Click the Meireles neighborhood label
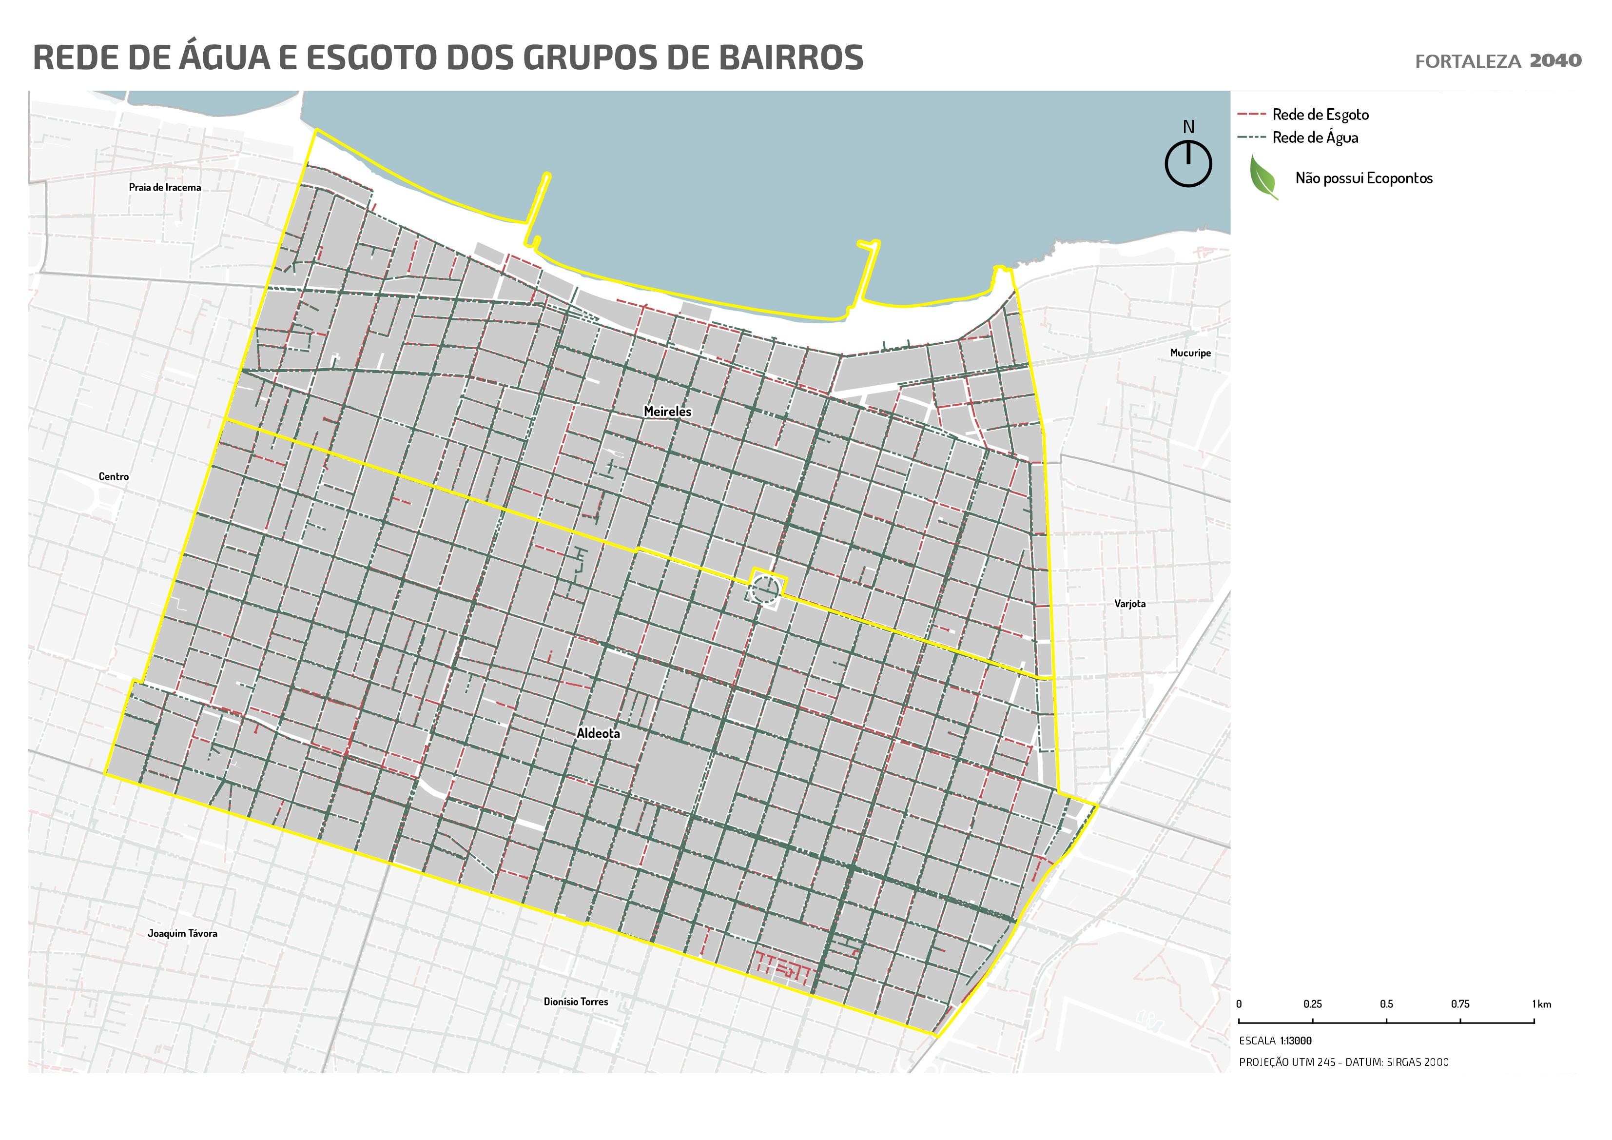[667, 412]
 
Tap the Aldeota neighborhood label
[598, 733]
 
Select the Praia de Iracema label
[165, 188]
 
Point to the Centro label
[114, 476]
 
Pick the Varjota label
[1129, 603]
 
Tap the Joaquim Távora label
[182, 933]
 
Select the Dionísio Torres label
[576, 1002]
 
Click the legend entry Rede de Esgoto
[1320, 115]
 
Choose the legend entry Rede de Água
[1315, 138]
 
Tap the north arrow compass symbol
[1188, 164]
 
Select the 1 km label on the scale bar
[1541, 1004]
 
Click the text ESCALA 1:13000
[1275, 1041]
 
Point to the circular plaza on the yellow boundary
[765, 590]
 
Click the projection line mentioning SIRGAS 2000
[1343, 1062]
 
